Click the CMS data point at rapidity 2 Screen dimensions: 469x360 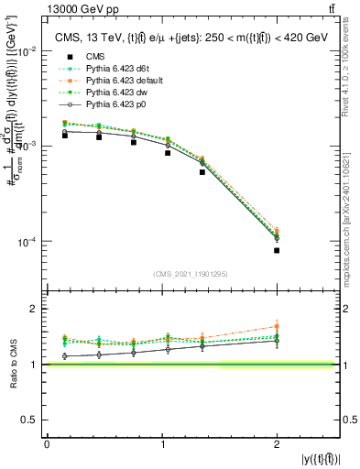pyautogui.click(x=277, y=250)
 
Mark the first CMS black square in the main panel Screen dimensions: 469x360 pyautogui.click(x=64, y=135)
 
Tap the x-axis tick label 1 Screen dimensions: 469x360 pyautogui.click(x=161, y=444)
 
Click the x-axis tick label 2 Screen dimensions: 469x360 pyautogui.click(x=277, y=444)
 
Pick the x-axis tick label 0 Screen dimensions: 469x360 pyautogui.click(x=47, y=444)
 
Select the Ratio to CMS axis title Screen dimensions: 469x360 pyautogui.click(x=12, y=365)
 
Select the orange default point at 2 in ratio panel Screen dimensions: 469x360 pyautogui.click(x=277, y=326)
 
